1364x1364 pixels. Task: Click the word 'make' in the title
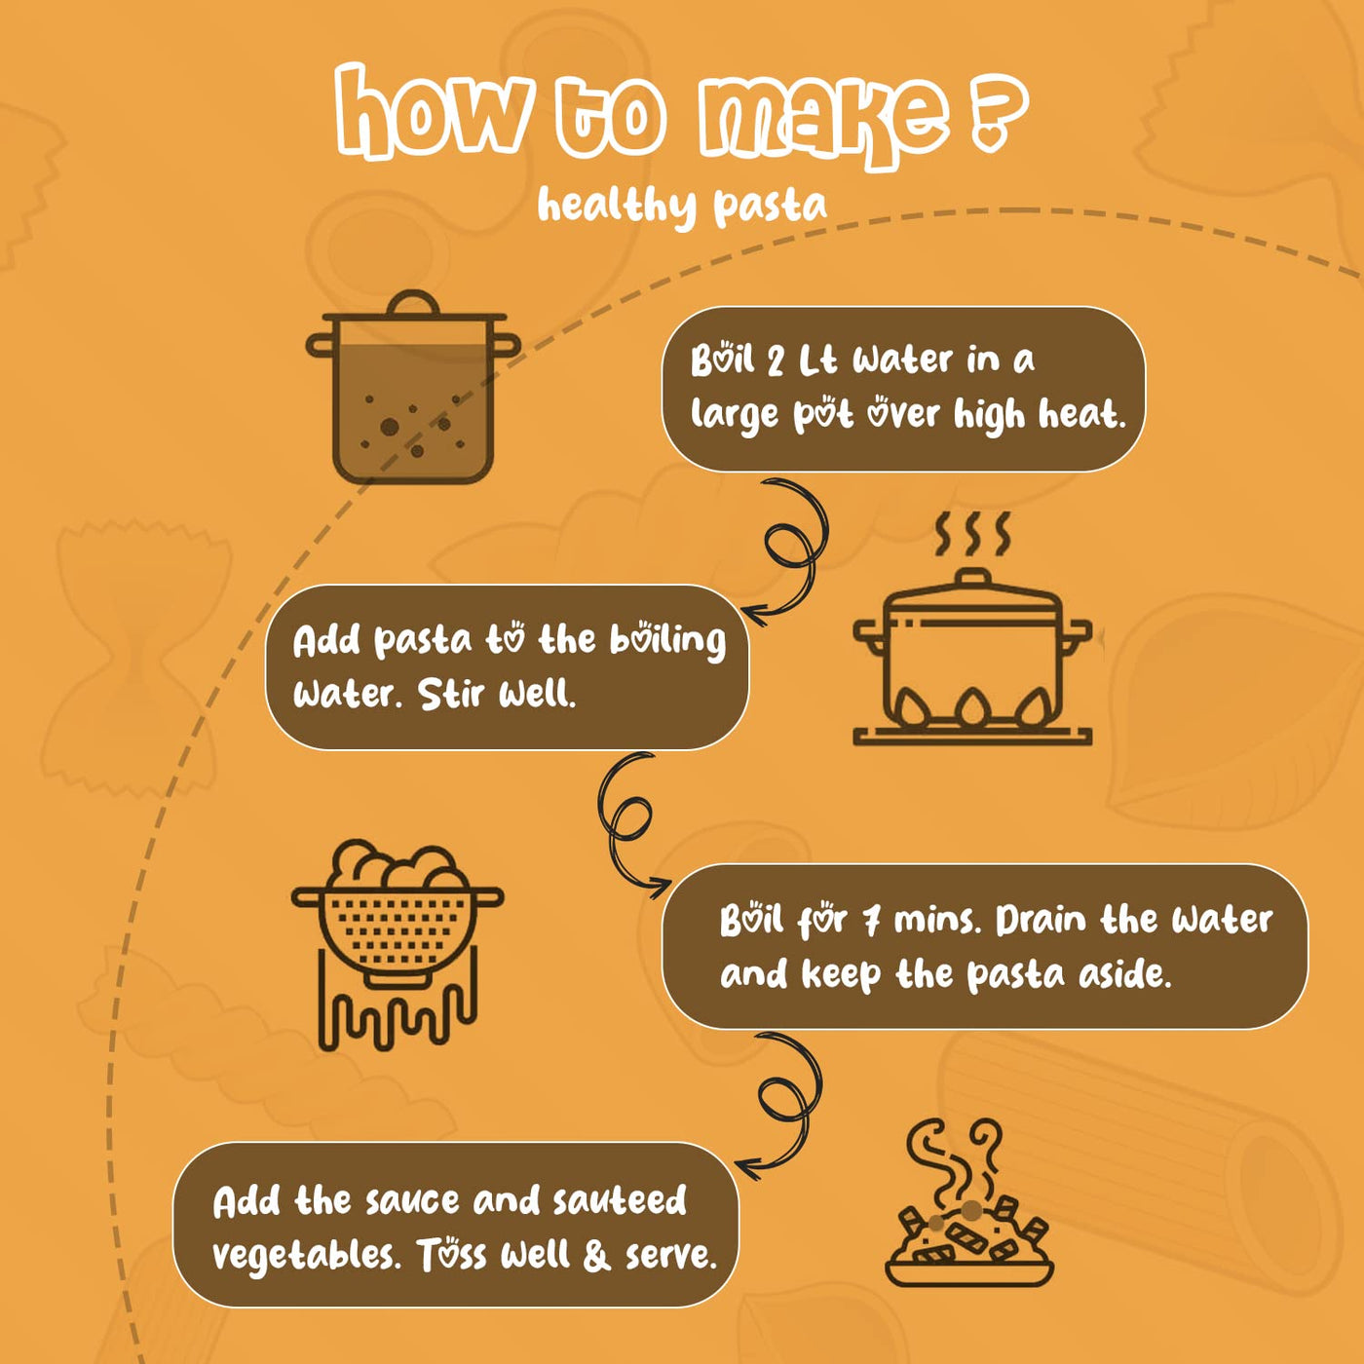pyautogui.click(x=824, y=121)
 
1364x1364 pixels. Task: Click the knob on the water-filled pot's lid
pyautogui.click(x=413, y=302)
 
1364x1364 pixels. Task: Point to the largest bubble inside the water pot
pyautogui.click(x=389, y=426)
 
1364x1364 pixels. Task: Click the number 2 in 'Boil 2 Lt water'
pyautogui.click(x=776, y=361)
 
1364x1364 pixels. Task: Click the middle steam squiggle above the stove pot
pyautogui.click(x=973, y=534)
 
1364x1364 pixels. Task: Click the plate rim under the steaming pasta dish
pyautogui.click(x=969, y=1275)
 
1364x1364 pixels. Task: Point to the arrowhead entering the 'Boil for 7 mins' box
pyautogui.click(x=662, y=884)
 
